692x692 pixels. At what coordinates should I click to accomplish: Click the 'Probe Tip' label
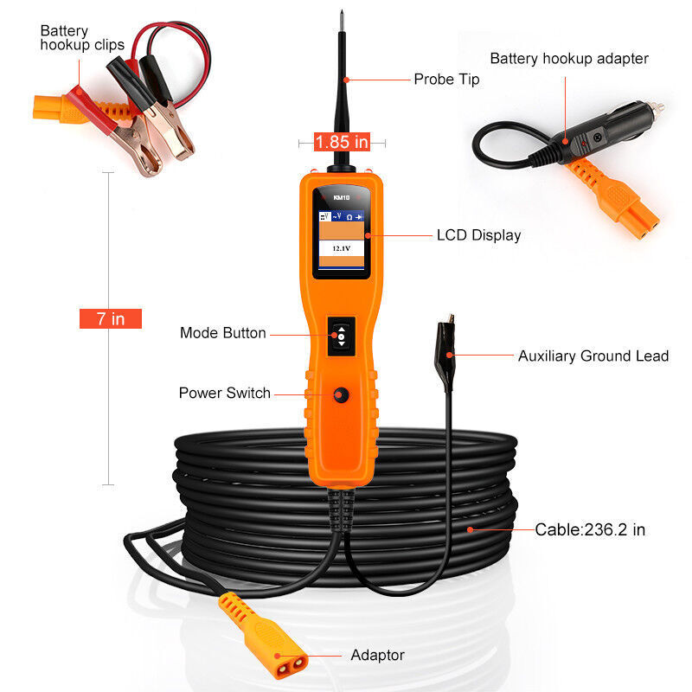point(445,80)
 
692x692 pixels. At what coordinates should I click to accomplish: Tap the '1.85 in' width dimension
point(342,141)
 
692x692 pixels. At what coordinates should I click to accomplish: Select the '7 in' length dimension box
point(110,318)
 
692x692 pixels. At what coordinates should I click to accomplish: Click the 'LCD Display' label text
point(478,234)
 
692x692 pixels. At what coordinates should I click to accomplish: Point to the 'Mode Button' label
point(223,333)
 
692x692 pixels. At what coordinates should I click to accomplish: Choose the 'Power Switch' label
point(225,393)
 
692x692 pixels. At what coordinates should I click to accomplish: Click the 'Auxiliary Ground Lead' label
point(593,356)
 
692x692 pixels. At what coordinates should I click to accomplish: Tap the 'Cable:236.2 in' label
point(590,529)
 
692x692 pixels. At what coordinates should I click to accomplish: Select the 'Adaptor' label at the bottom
point(377,655)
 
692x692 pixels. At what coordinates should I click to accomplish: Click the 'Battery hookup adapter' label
point(569,59)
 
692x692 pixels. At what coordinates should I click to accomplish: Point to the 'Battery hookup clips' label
point(82,38)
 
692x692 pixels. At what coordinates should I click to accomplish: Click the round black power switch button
point(340,394)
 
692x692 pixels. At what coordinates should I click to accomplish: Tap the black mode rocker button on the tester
point(341,335)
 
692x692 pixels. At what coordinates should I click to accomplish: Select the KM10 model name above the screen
point(339,196)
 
